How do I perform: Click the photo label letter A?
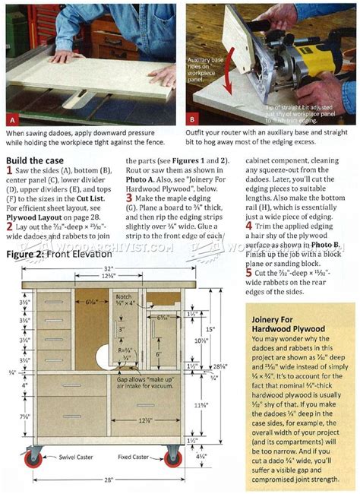13,119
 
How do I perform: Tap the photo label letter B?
191,119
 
